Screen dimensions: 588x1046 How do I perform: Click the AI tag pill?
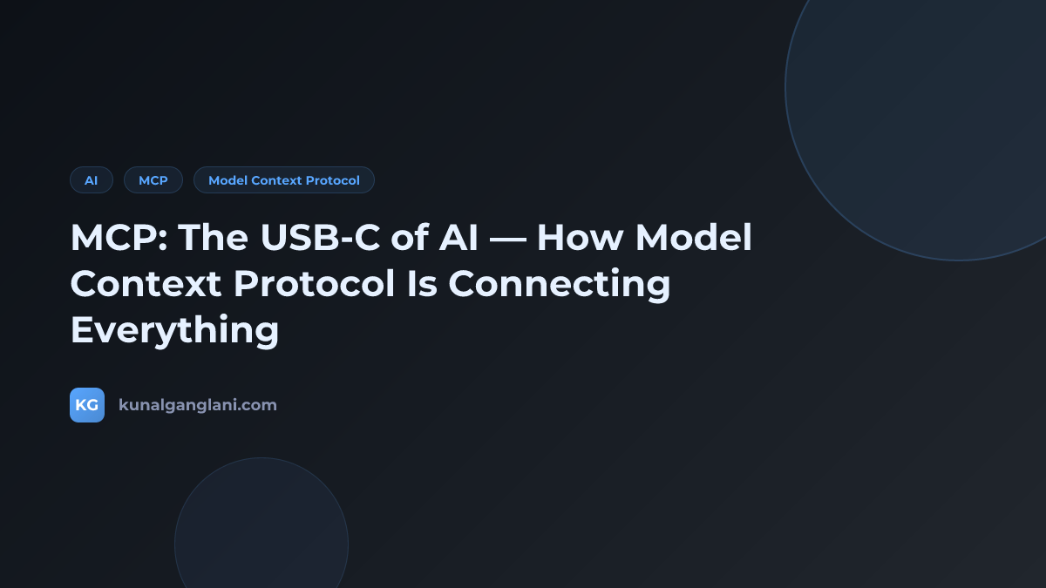point(92,180)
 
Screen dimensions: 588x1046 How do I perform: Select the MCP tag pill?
point(153,180)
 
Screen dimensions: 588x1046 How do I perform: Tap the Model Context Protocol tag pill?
point(283,180)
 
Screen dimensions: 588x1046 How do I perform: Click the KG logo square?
point(87,405)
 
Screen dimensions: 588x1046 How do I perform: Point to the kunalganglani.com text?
point(198,405)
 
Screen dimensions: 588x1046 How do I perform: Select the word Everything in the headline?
point(174,330)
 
